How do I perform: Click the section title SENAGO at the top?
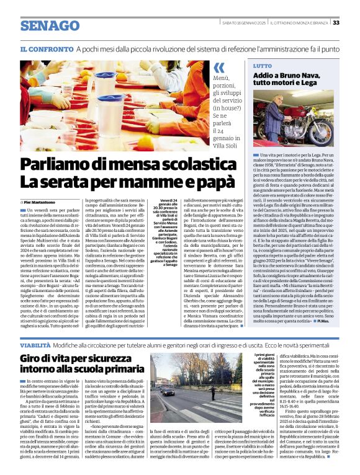pos(47,26)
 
